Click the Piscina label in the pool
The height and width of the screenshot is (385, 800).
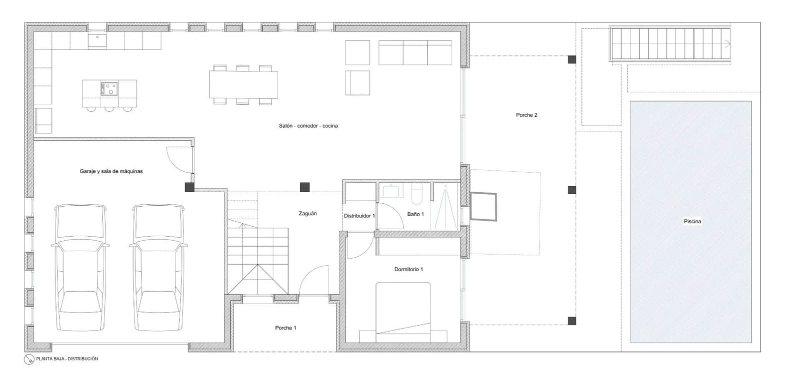pyautogui.click(x=692, y=221)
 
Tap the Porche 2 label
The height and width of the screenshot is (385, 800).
pyautogui.click(x=526, y=115)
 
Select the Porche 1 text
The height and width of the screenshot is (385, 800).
pyautogui.click(x=285, y=328)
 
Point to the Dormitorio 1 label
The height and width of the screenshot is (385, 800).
pyautogui.click(x=408, y=270)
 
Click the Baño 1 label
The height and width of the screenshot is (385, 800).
pyautogui.click(x=415, y=214)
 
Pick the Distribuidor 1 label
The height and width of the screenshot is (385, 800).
pyautogui.click(x=359, y=216)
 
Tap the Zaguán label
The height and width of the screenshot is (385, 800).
pyautogui.click(x=307, y=214)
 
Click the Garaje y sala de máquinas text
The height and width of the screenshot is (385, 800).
pyautogui.click(x=111, y=171)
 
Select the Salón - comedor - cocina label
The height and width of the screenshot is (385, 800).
pyautogui.click(x=308, y=126)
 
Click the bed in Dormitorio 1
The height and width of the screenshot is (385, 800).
pyautogui.click(x=403, y=312)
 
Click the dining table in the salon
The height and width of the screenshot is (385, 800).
pyautogui.click(x=243, y=85)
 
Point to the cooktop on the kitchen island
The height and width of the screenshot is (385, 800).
pyautogui.click(x=109, y=89)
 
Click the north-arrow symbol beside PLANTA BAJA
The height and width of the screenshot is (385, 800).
pyautogui.click(x=29, y=359)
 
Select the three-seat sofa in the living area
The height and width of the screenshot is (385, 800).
pyautogui.click(x=415, y=53)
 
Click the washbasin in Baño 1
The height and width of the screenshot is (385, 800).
pyautogui.click(x=390, y=191)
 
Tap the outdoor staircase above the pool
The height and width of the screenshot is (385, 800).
pyautogui.click(x=670, y=44)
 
